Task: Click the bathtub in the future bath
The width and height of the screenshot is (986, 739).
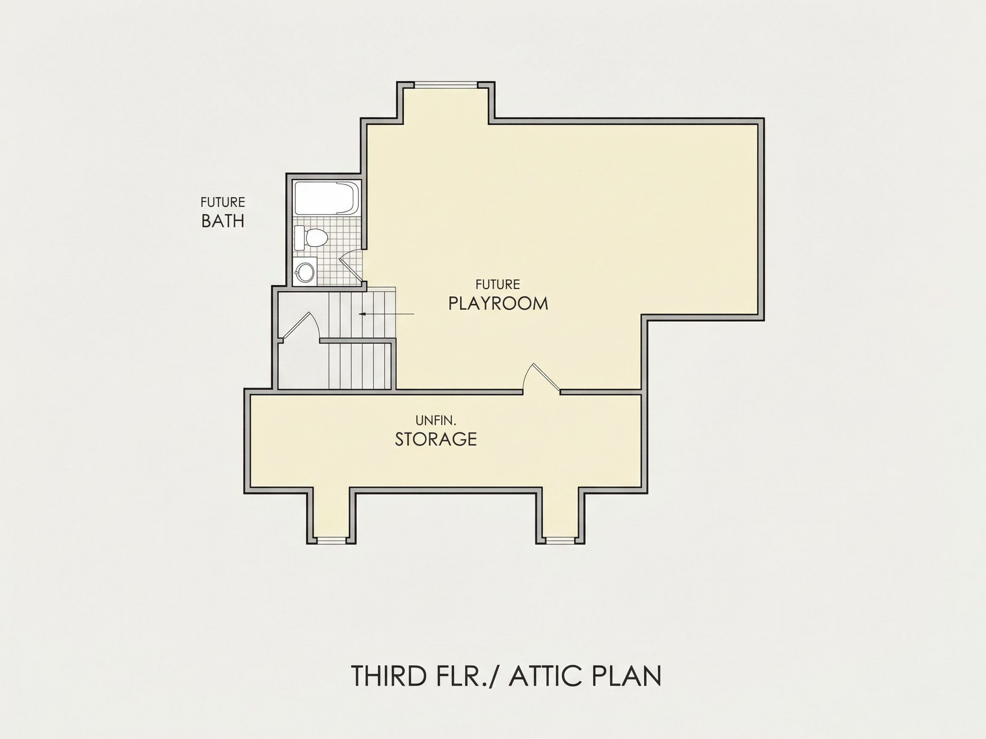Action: (327, 198)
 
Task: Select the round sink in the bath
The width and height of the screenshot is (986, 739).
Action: (305, 271)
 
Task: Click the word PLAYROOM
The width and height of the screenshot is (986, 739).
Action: (498, 303)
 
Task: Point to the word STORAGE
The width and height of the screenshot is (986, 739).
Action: (436, 439)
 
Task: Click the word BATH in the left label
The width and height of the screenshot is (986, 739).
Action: (223, 221)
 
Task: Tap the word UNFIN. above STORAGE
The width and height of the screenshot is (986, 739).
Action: (436, 420)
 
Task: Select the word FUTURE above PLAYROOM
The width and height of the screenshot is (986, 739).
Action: (497, 284)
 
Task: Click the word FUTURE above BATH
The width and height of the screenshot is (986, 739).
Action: (223, 202)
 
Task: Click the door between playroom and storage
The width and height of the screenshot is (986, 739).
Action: (542, 378)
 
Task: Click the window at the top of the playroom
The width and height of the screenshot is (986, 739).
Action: (446, 83)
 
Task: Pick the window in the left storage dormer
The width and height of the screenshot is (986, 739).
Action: (331, 540)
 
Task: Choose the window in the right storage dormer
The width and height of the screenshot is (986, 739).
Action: (560, 540)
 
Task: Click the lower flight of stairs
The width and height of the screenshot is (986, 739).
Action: (360, 366)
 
